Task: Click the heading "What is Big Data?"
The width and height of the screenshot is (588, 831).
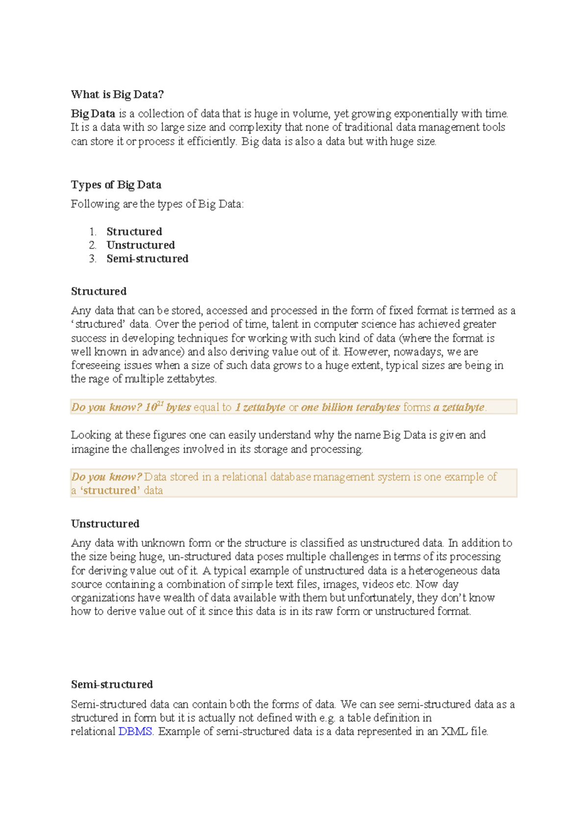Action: [117, 94]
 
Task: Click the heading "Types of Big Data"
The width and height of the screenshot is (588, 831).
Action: [116, 185]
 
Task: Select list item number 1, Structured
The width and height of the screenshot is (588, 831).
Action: [134, 231]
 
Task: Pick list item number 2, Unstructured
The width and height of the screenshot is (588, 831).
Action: [141, 245]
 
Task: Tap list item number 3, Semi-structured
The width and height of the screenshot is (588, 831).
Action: [147, 259]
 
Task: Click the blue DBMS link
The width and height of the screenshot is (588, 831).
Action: [135, 732]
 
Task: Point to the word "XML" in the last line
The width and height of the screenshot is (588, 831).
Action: [454, 732]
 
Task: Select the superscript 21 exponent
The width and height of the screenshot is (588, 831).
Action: [160, 404]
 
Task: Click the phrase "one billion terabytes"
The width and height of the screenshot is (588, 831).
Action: [350, 407]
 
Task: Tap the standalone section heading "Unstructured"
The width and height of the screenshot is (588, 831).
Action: [105, 524]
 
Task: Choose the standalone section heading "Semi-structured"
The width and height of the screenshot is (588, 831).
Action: [112, 684]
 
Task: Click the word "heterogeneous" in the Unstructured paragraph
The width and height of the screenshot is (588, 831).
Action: [443, 571]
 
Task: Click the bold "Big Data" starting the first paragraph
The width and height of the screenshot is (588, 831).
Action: [93, 114]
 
